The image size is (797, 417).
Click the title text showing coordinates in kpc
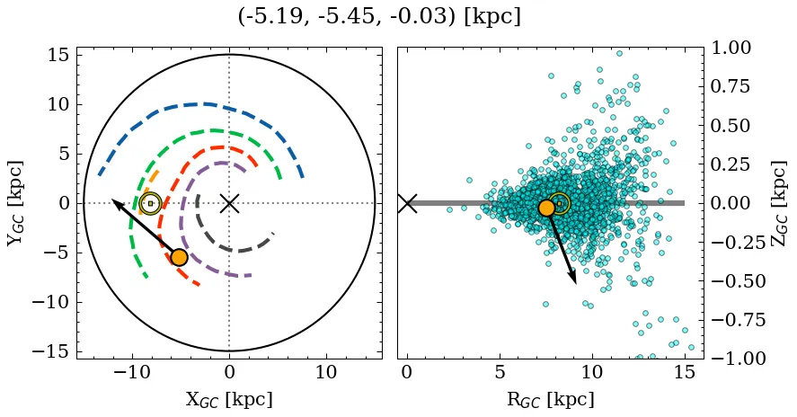point(379,17)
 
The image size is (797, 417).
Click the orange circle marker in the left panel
point(179,257)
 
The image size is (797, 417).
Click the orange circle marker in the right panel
point(546,208)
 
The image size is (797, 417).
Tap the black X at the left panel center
point(229,203)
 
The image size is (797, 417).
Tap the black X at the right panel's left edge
point(407,203)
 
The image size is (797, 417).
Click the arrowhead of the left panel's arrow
point(114,200)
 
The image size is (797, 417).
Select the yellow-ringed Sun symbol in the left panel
point(150,203)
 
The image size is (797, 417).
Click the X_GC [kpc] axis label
point(229,400)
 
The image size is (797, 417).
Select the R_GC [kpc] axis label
point(550,400)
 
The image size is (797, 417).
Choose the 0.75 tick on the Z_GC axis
point(737,87)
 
